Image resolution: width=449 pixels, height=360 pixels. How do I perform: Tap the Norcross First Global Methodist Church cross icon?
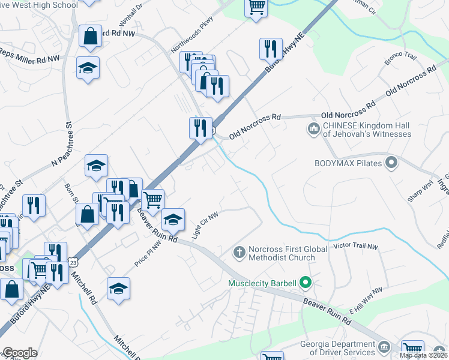[239, 252]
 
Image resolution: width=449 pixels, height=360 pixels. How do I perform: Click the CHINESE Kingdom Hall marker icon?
[313, 128]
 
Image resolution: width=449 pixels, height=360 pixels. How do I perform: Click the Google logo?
[19, 353]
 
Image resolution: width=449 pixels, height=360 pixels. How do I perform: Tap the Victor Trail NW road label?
[355, 247]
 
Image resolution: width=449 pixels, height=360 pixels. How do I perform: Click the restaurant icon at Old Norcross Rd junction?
[200, 127]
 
